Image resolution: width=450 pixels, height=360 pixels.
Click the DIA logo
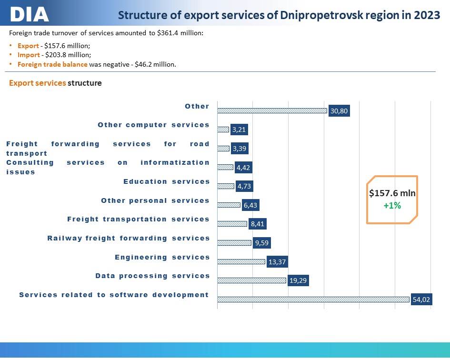pos(29,14)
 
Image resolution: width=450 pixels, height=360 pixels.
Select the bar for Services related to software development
pos(313,300)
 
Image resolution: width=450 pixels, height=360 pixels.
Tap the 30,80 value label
pos(339,111)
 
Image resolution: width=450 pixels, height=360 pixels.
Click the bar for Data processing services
pos(252,280)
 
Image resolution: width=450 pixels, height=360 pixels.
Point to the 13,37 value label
pos(277,262)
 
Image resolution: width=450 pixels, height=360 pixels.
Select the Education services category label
pos(167,182)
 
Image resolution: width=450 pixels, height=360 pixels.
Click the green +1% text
pos(392,206)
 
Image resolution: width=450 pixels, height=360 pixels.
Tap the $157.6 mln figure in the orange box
pos(392,193)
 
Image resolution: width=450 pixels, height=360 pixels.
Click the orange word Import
pos(29,55)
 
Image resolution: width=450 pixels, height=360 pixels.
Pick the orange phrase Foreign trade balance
pos(52,64)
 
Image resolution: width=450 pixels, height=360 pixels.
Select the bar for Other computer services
pos(223,130)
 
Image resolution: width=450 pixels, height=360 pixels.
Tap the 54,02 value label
pos(421,300)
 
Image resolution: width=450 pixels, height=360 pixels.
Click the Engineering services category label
pos(162,257)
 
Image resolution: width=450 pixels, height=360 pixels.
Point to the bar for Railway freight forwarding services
pos(234,243)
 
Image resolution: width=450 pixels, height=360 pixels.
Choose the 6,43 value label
pos(250,205)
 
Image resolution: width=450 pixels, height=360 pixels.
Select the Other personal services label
pos(155,200)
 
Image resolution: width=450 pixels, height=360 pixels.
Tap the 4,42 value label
pos(243,167)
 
